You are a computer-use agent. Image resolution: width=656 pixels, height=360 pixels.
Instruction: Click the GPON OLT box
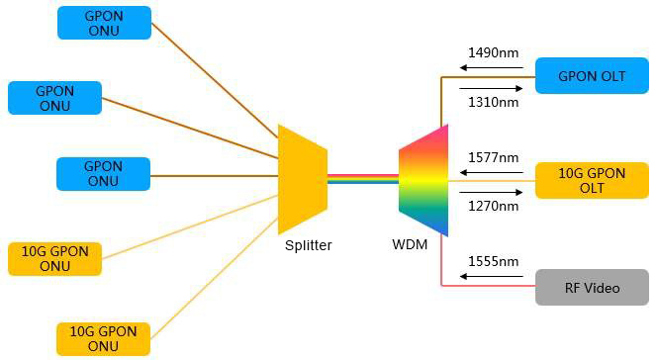pos(592,76)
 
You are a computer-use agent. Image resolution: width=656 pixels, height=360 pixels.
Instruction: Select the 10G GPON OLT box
pos(592,180)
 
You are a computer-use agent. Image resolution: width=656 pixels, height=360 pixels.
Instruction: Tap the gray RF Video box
pos(592,288)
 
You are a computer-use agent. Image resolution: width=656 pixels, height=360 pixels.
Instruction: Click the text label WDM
pos(410,244)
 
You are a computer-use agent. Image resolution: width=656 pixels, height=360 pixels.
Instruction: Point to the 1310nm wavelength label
pos(492,102)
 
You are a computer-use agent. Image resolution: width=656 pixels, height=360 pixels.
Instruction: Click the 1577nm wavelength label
pos(492,157)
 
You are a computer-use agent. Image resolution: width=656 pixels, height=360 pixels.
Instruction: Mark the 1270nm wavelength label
pos(492,207)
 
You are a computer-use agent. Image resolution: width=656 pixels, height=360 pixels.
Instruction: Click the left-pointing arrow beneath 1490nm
pos(490,69)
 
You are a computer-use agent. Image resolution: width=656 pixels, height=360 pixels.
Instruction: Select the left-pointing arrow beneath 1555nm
pos(490,279)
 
